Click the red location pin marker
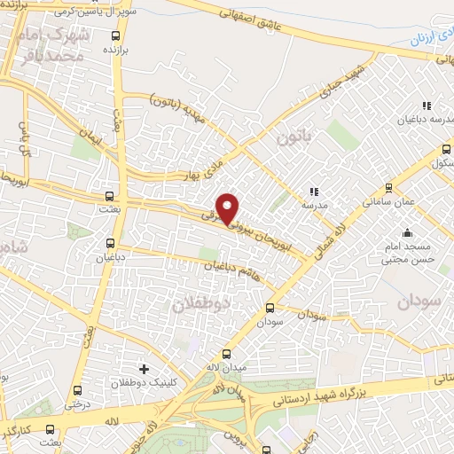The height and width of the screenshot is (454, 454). tap(228, 208)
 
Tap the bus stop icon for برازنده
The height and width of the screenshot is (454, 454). tap(116, 36)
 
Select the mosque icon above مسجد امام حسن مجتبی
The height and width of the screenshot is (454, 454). tap(407, 233)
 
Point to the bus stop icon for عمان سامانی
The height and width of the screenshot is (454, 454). tap(388, 187)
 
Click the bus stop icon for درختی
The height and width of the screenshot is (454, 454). tap(76, 389)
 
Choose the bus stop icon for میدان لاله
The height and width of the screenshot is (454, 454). tap(226, 354)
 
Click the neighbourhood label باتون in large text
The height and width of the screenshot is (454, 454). tap(294, 138)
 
